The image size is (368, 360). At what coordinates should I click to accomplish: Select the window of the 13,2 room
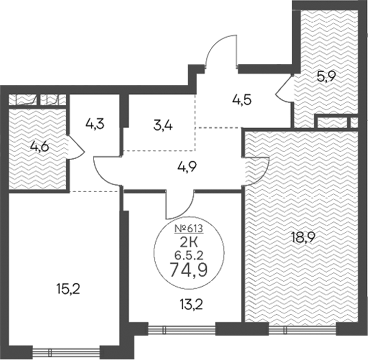[x=182, y=329]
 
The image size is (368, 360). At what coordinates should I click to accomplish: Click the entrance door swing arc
[x=221, y=48]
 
